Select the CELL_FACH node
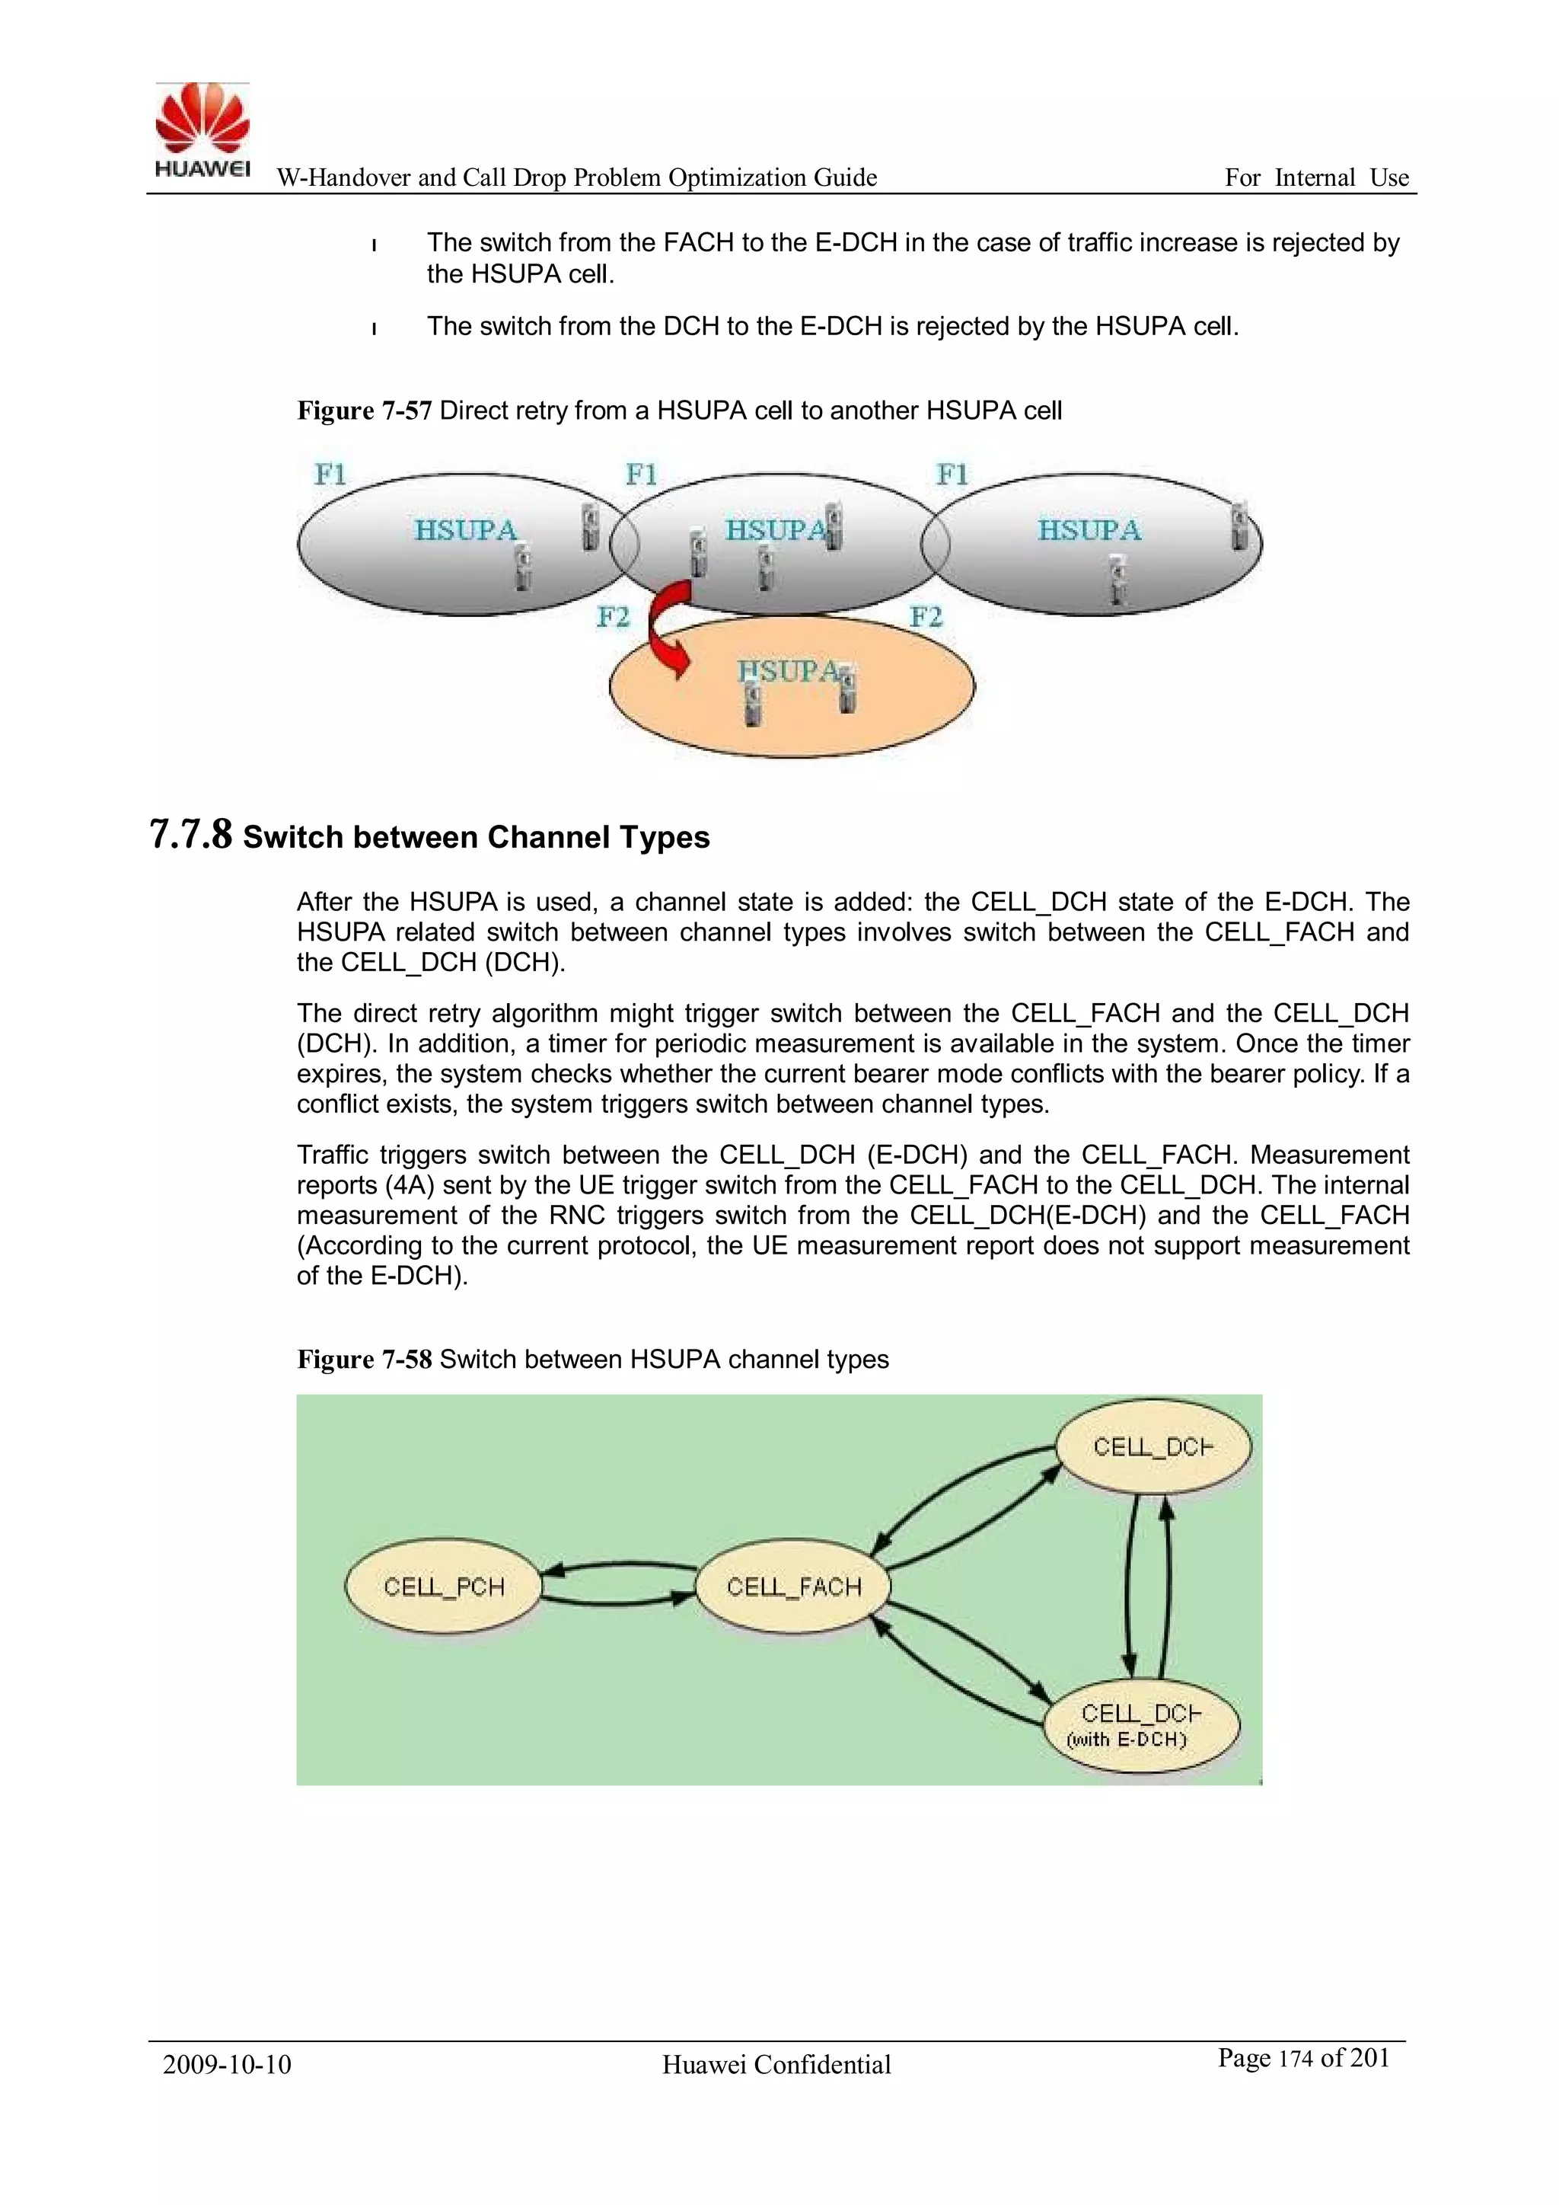[793, 1586]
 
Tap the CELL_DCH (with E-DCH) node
[1140, 1725]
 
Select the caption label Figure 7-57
[364, 411]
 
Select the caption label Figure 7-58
[364, 1360]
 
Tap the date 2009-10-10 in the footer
[227, 2065]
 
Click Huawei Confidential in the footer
[776, 2065]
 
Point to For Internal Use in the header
[1316, 177]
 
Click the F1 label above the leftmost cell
[330, 474]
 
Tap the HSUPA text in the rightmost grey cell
[1089, 530]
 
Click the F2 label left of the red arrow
[613, 616]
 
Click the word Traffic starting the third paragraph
[332, 1155]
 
